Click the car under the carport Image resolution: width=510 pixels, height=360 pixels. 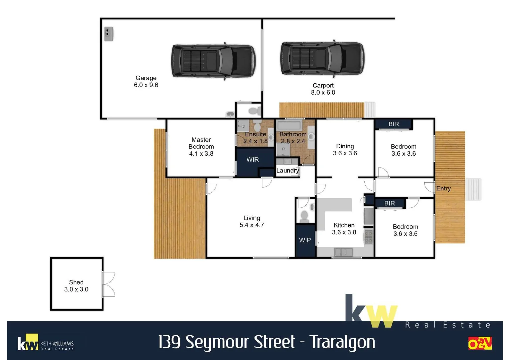(x=322, y=58)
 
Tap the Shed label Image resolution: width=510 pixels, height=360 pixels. (x=76, y=282)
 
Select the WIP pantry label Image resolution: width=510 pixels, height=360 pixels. (x=305, y=240)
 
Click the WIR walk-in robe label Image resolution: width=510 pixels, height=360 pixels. (x=252, y=160)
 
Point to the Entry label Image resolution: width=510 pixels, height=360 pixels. (x=443, y=188)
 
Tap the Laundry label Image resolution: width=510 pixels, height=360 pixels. (x=287, y=171)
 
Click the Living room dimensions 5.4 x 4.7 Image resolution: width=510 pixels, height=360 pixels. (x=251, y=225)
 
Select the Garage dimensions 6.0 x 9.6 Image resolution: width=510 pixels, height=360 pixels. (x=146, y=85)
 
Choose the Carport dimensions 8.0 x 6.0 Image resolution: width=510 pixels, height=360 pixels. (x=323, y=92)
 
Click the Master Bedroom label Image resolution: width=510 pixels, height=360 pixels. (x=201, y=143)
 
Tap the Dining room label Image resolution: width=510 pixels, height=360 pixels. (x=345, y=146)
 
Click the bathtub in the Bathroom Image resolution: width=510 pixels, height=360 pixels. (x=290, y=126)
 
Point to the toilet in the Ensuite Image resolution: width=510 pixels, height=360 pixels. (x=257, y=126)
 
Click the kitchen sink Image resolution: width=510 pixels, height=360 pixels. (x=343, y=252)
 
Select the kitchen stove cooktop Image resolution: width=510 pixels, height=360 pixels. (x=368, y=237)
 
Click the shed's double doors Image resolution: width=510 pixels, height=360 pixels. (x=109, y=284)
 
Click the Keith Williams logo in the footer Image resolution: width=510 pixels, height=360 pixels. (x=46, y=343)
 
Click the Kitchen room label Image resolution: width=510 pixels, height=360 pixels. (x=344, y=225)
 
